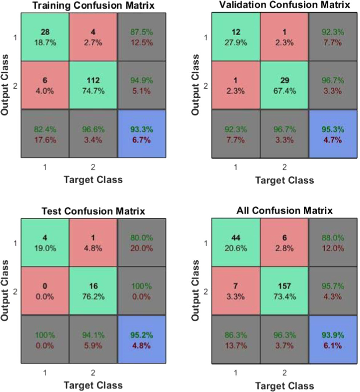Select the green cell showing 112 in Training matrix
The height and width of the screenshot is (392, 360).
(x=93, y=86)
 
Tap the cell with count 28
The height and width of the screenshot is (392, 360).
(x=45, y=37)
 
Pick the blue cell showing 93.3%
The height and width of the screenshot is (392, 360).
(x=141, y=134)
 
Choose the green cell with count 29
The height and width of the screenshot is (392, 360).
(x=284, y=86)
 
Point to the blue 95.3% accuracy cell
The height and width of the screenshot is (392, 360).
(x=332, y=134)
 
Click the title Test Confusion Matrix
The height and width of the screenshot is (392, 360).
(x=93, y=211)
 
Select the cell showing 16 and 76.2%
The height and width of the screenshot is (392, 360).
(x=93, y=291)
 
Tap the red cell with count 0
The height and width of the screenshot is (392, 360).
(x=45, y=291)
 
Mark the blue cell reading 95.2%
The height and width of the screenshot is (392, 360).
(x=141, y=339)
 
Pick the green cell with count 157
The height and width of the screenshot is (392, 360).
(x=284, y=291)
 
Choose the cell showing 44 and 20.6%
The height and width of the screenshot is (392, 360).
(x=236, y=242)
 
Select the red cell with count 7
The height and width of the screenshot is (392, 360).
(x=236, y=291)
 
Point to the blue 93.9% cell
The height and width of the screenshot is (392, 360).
(x=332, y=339)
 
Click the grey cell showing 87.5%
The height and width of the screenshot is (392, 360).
(x=141, y=37)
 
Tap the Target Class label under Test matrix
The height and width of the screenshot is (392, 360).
(x=93, y=385)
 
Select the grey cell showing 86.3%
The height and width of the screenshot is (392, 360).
(x=236, y=339)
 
